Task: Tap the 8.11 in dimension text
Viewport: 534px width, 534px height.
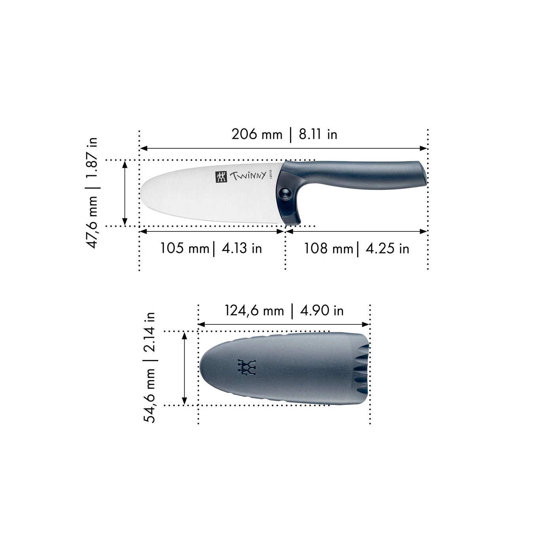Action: (x=318, y=134)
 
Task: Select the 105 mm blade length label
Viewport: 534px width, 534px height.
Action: (x=184, y=248)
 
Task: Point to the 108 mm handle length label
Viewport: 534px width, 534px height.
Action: (x=328, y=248)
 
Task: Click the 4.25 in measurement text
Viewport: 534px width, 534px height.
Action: (x=387, y=248)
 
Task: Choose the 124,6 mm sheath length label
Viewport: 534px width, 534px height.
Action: (x=254, y=311)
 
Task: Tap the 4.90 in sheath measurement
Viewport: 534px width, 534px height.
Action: (x=322, y=311)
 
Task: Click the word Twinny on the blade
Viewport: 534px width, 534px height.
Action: (x=248, y=176)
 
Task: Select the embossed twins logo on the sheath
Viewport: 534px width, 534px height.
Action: (x=247, y=367)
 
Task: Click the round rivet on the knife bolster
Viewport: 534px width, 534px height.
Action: (x=284, y=193)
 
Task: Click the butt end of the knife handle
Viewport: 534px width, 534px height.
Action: (x=424, y=173)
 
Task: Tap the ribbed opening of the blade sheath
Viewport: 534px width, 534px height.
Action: (x=363, y=368)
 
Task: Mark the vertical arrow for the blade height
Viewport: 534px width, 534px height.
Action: (x=125, y=193)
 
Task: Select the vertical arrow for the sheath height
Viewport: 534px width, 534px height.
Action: (x=184, y=368)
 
